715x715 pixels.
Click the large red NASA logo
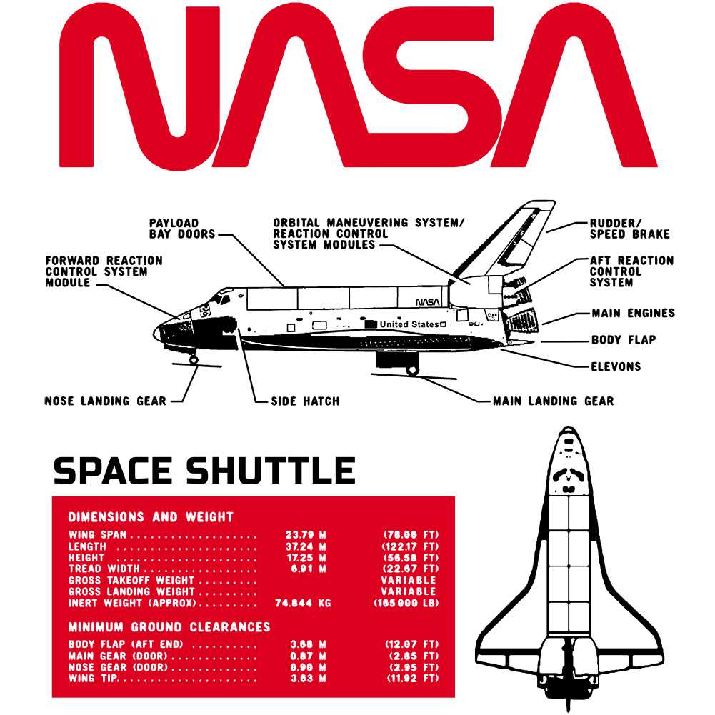(x=358, y=86)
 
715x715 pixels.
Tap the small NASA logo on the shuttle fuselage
(x=428, y=302)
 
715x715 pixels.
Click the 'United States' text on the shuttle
(x=409, y=324)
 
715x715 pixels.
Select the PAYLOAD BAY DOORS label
(x=182, y=229)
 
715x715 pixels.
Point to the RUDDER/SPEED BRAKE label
(x=630, y=229)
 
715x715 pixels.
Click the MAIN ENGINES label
(x=634, y=314)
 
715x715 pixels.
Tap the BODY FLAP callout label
(x=624, y=340)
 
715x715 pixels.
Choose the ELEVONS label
(x=616, y=366)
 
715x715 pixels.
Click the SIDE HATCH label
(x=305, y=401)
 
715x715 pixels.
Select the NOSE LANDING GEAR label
(x=105, y=401)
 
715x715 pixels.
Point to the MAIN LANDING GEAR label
(x=553, y=401)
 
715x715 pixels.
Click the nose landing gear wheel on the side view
(x=194, y=360)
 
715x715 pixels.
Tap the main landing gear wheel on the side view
(x=413, y=370)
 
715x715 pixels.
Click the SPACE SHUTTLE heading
(x=204, y=471)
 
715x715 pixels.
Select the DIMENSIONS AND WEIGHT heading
(x=151, y=517)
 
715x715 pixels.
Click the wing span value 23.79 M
(x=306, y=535)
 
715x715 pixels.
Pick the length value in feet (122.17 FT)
(x=410, y=546)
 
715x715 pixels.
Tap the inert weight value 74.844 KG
(x=303, y=604)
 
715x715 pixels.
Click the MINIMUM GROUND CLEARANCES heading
(x=169, y=627)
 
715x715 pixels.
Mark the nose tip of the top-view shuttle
(x=568, y=428)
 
